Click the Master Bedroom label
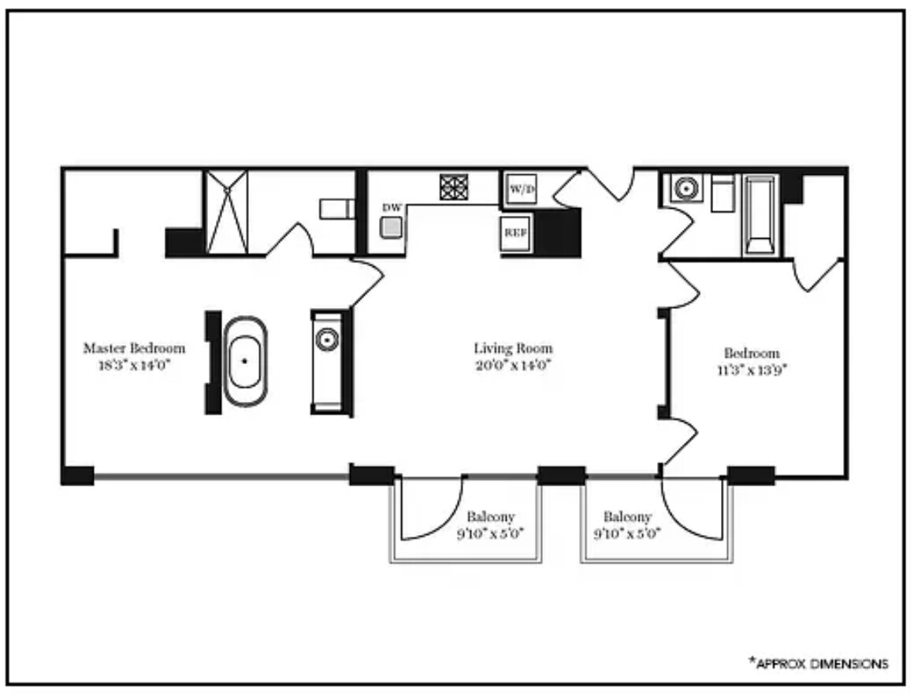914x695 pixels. (134, 348)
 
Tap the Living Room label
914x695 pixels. (513, 348)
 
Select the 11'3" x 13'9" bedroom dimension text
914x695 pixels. (752, 370)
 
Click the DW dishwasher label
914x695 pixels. (392, 207)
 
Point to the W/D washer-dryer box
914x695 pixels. (522, 189)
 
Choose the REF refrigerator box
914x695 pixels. (515, 232)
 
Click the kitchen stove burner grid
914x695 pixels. (454, 188)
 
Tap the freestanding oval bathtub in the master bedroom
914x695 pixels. (245, 362)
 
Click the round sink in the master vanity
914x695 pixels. (327, 340)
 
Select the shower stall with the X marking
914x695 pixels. (227, 212)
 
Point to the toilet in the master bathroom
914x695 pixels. (337, 209)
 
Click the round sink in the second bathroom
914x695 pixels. (686, 188)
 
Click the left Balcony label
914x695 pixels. (491, 517)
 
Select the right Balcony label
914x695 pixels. (627, 517)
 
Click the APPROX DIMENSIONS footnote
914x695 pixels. (819, 663)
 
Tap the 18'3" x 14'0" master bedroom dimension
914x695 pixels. (134, 366)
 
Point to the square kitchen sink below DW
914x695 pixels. (391, 228)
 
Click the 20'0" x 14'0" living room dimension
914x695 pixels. (513, 366)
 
